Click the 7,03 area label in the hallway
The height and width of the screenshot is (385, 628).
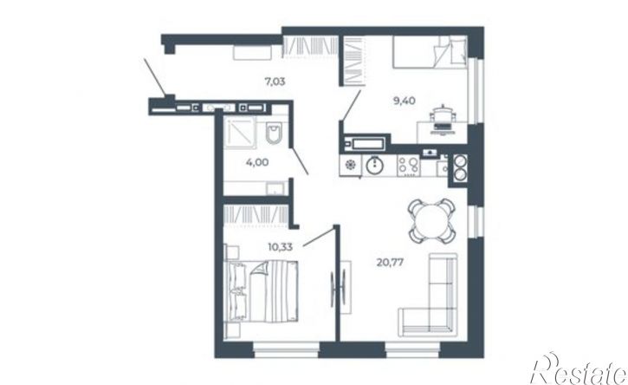pyautogui.click(x=275, y=82)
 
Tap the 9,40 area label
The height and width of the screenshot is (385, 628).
pyautogui.click(x=405, y=101)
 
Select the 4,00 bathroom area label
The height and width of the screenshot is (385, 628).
pyautogui.click(x=257, y=162)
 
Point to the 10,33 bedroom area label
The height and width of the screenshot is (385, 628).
pyautogui.click(x=281, y=246)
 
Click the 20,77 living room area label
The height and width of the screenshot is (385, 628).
pyautogui.click(x=390, y=262)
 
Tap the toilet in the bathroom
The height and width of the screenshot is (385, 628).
pyautogui.click(x=275, y=133)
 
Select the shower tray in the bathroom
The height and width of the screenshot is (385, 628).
pyautogui.click(x=239, y=133)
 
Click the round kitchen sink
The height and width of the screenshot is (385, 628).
pyautogui.click(x=374, y=166)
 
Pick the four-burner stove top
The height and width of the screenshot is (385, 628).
pyautogui.click(x=408, y=166)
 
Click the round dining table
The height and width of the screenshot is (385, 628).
pyautogui.click(x=431, y=220)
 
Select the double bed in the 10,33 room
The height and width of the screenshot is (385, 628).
pyautogui.click(x=262, y=290)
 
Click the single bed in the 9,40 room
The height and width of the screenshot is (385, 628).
pyautogui.click(x=430, y=52)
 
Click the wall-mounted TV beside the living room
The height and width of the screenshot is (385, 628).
pyautogui.click(x=338, y=289)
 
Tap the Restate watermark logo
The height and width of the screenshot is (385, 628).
pyautogui.click(x=579, y=369)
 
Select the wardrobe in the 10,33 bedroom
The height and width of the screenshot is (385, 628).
pyautogui.click(x=256, y=215)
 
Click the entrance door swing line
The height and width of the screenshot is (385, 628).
pyautogui.click(x=155, y=77)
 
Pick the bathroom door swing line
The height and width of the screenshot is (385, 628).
pyautogui.click(x=299, y=160)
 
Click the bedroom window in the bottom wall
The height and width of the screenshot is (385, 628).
pyautogui.click(x=286, y=349)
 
